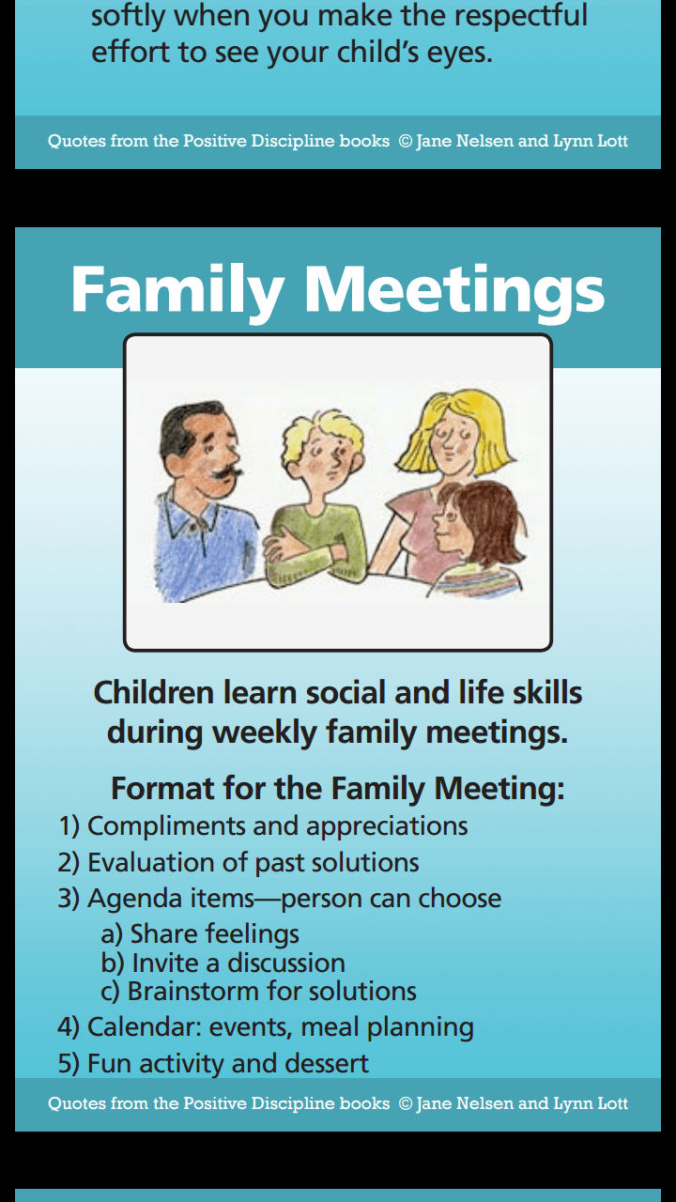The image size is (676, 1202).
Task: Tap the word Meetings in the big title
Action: click(454, 293)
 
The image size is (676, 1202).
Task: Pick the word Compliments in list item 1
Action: click(166, 826)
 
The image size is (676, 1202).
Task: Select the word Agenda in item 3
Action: click(134, 899)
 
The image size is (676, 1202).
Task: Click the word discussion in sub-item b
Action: click(286, 963)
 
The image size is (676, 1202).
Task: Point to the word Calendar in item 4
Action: click(145, 1026)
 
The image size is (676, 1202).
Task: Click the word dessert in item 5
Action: click(327, 1063)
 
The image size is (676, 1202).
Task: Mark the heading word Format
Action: click(161, 788)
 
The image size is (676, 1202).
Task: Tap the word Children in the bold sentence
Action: click(154, 692)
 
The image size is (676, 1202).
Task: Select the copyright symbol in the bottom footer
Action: click(406, 1103)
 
